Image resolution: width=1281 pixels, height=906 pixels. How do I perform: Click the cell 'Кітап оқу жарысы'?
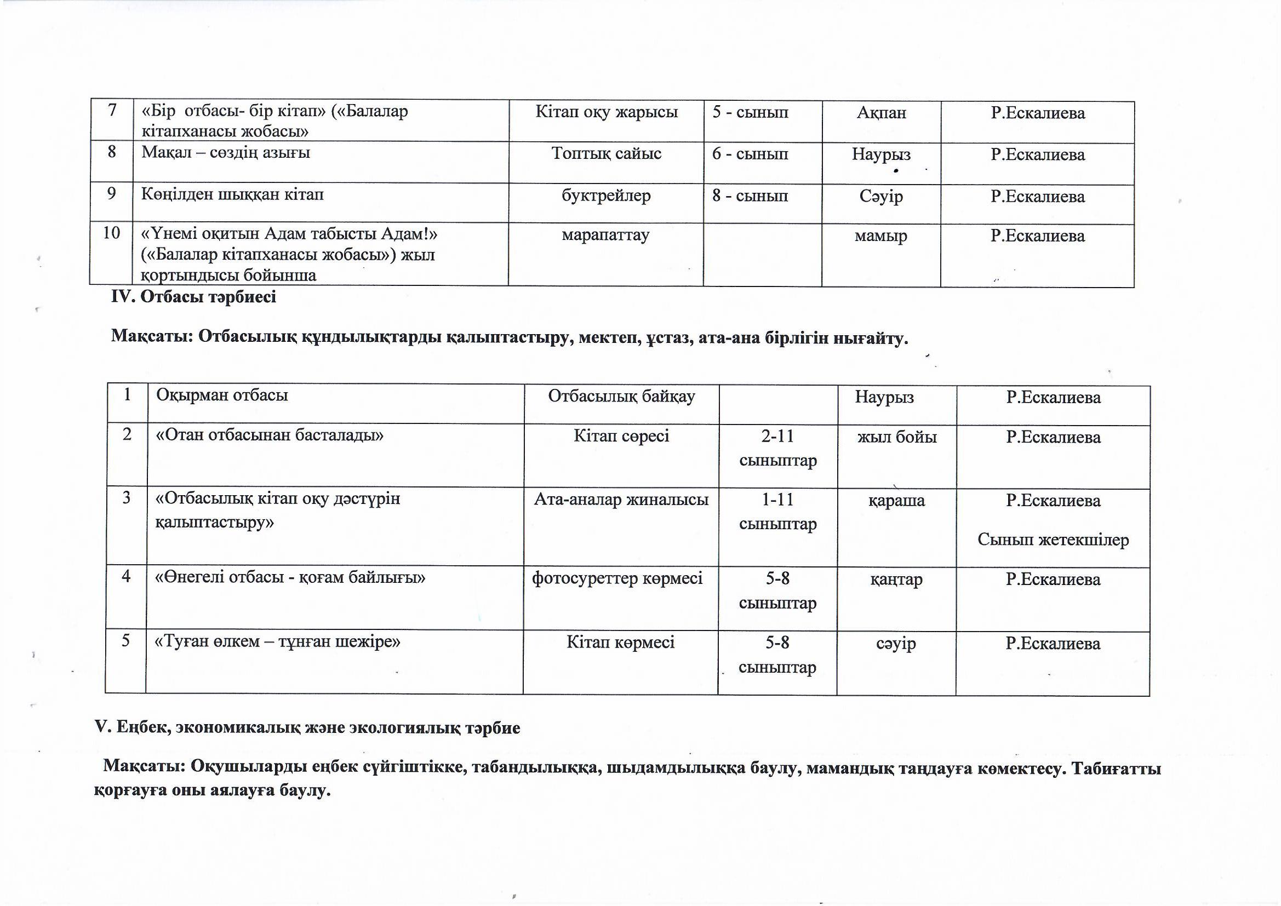pyautogui.click(x=607, y=113)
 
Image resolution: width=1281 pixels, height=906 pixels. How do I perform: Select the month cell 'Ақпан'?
pyautogui.click(x=881, y=113)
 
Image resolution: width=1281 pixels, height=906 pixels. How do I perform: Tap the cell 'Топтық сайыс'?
pyautogui.click(x=607, y=153)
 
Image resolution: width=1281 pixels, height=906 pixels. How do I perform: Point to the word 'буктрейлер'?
pyautogui.click(x=607, y=196)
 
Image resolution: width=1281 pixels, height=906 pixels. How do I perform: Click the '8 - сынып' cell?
pyautogui.click(x=750, y=196)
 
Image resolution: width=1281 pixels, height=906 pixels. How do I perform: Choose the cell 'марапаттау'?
pyautogui.click(x=605, y=235)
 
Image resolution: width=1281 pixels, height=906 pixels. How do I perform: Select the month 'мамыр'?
pyautogui.click(x=881, y=236)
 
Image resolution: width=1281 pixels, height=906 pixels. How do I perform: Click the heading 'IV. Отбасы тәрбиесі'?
pyautogui.click(x=193, y=297)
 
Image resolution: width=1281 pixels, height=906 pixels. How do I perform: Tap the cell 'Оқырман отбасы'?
pyautogui.click(x=222, y=395)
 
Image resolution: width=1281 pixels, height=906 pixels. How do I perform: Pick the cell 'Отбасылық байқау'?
pyautogui.click(x=621, y=396)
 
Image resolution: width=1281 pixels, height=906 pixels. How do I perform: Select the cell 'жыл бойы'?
pyautogui.click(x=897, y=436)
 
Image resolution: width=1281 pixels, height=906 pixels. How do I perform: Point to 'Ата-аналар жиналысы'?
pyautogui.click(x=621, y=500)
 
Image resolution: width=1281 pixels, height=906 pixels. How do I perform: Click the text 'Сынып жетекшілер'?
pyautogui.click(x=1053, y=540)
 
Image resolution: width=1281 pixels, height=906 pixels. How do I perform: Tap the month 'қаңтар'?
pyautogui.click(x=896, y=580)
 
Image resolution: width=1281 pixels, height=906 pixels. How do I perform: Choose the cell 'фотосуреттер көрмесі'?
pyautogui.click(x=617, y=578)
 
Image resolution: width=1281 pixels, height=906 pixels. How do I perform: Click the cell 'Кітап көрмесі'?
pyautogui.click(x=620, y=642)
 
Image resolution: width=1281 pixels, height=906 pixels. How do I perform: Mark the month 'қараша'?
pyautogui.click(x=896, y=500)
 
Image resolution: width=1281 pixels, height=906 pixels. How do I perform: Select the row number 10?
pyautogui.click(x=112, y=233)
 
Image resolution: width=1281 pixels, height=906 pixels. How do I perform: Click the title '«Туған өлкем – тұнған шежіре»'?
pyautogui.click(x=277, y=641)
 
